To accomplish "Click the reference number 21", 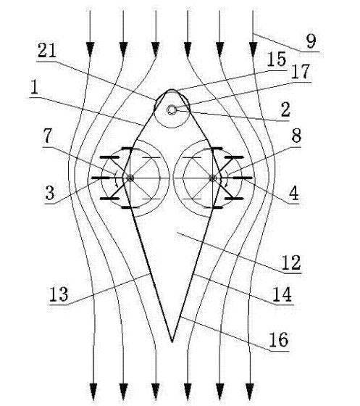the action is [47, 50].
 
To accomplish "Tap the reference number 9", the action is [311, 41].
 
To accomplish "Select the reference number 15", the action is [277, 59].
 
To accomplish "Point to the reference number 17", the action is [301, 72].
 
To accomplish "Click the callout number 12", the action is [291, 262].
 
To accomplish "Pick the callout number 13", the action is [59, 294].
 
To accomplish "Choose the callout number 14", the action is [282, 294].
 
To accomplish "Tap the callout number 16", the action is [279, 340].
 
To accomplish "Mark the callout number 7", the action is [48, 136].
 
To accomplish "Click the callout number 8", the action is [296, 136].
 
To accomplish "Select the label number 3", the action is [50, 193].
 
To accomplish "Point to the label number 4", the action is [294, 193].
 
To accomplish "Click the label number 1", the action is [34, 87].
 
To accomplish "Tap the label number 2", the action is [285, 109].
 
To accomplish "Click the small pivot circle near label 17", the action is [172, 110].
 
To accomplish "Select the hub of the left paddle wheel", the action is [130, 178].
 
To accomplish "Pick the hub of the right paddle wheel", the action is [212, 178].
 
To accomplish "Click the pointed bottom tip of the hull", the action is [172, 342].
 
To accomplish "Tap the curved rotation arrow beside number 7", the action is [117, 178].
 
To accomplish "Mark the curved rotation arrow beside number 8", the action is [227, 178].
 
